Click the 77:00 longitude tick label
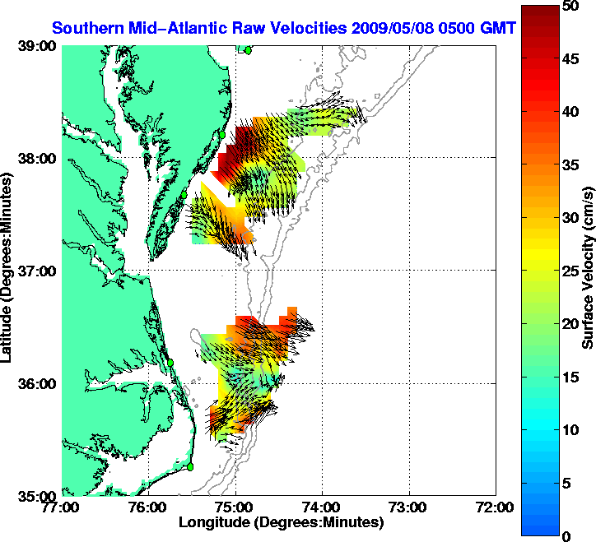(63, 507)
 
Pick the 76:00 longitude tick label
(149, 507)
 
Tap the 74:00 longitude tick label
(322, 507)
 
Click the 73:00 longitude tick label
(409, 507)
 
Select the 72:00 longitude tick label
(496, 507)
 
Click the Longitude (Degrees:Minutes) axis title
(280, 522)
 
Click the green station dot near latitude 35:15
(190, 467)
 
